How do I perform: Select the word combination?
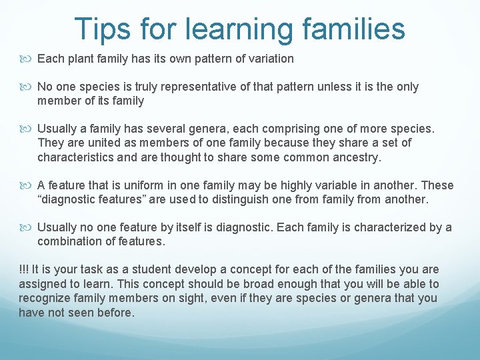pos(69,241)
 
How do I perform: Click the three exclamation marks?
pos(23,269)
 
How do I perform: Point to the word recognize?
pos(45,298)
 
